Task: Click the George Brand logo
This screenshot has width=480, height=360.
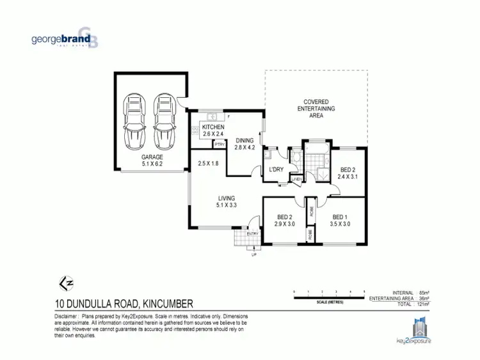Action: pyautogui.click(x=64, y=38)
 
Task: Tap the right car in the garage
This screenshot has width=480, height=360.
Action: pyautogui.click(x=164, y=120)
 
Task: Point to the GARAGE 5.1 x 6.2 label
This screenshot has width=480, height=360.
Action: pyautogui.click(x=152, y=160)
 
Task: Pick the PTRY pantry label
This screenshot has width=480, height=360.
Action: pyautogui.click(x=219, y=145)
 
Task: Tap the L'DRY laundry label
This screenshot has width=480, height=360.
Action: pyautogui.click(x=276, y=169)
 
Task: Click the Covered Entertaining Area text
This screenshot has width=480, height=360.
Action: pyautogui.click(x=316, y=109)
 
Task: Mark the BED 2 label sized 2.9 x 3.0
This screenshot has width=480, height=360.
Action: pyautogui.click(x=285, y=221)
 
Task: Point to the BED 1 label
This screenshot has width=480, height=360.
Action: pyautogui.click(x=339, y=221)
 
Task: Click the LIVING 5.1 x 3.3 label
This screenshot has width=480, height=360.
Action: pyautogui.click(x=226, y=201)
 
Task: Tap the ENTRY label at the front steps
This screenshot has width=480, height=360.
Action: pyautogui.click(x=252, y=234)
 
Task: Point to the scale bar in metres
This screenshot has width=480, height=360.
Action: pyautogui.click(x=329, y=293)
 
